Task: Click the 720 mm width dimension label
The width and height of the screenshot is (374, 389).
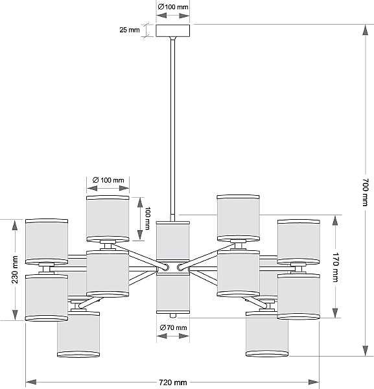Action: click(x=172, y=383)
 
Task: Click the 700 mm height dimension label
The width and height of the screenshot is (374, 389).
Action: click(x=366, y=193)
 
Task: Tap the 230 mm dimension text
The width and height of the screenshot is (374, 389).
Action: click(x=15, y=270)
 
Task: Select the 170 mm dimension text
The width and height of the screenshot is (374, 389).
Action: click(x=335, y=267)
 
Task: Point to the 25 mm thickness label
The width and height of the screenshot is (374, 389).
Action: click(x=130, y=30)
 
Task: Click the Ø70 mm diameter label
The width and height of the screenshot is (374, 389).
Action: click(x=173, y=327)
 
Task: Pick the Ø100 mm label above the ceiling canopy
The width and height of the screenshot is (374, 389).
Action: click(x=173, y=7)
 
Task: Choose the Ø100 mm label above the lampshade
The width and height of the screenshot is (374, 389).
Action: click(x=108, y=180)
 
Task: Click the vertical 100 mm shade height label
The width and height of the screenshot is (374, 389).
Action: click(x=147, y=218)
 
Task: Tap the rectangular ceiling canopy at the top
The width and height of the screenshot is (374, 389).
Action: click(x=173, y=30)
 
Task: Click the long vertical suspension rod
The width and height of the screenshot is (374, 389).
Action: click(x=172, y=129)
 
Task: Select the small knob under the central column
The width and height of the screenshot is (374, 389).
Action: click(x=173, y=316)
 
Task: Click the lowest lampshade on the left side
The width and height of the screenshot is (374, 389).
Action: click(x=78, y=334)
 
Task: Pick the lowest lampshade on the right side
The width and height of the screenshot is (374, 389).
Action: click(x=267, y=334)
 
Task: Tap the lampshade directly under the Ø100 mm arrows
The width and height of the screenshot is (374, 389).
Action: click(x=108, y=218)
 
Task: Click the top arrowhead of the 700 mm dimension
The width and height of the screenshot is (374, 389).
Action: click(x=365, y=30)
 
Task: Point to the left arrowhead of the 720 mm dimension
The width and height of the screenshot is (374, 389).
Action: click(x=31, y=382)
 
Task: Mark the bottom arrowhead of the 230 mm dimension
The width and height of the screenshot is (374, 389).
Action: click(x=15, y=314)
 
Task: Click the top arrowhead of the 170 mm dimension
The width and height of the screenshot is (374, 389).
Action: click(x=335, y=221)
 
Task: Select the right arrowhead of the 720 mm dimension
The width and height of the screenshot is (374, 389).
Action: click(x=314, y=382)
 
